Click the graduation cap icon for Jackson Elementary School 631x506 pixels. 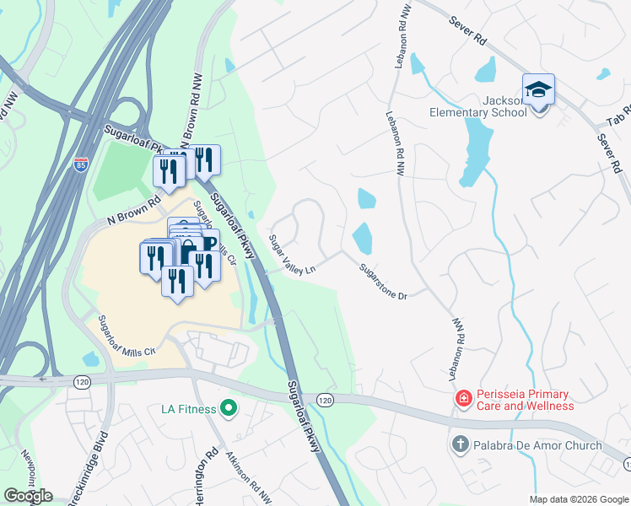(539, 89)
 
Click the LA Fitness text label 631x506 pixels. (189, 411)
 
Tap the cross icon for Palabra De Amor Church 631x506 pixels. (461, 444)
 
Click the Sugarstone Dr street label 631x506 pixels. (383, 283)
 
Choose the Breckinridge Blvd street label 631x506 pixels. (100, 455)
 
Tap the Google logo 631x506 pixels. (28, 495)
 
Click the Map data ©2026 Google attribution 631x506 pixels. (578, 499)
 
